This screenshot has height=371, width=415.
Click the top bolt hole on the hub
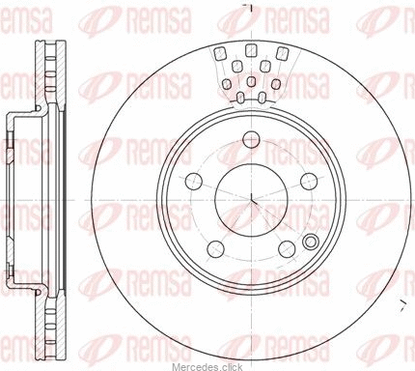[251, 140]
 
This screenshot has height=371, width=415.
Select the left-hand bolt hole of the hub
[194, 181]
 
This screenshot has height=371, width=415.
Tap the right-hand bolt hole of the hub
[309, 181]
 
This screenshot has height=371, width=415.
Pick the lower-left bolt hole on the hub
[216, 249]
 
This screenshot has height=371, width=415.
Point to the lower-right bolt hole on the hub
[287, 249]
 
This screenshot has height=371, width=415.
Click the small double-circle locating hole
[311, 242]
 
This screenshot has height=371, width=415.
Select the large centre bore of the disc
[251, 200]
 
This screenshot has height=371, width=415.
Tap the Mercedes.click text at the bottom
[207, 367]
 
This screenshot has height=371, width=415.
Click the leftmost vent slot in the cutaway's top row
[220, 53]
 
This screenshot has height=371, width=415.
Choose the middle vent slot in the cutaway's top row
[251, 50]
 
